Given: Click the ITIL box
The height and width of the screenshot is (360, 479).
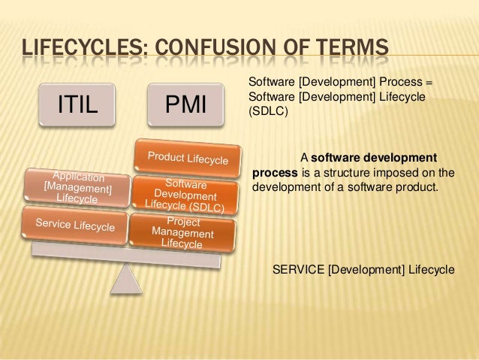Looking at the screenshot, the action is pyautogui.click(x=78, y=105).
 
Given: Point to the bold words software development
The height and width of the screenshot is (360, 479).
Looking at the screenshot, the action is pyautogui.click(x=373, y=158).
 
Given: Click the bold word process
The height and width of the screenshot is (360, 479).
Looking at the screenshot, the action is pyautogui.click(x=276, y=172).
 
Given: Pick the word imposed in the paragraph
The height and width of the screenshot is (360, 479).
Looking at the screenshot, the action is pyautogui.click(x=396, y=172).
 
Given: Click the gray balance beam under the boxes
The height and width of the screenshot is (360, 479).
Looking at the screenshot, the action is pyautogui.click(x=120, y=256).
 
